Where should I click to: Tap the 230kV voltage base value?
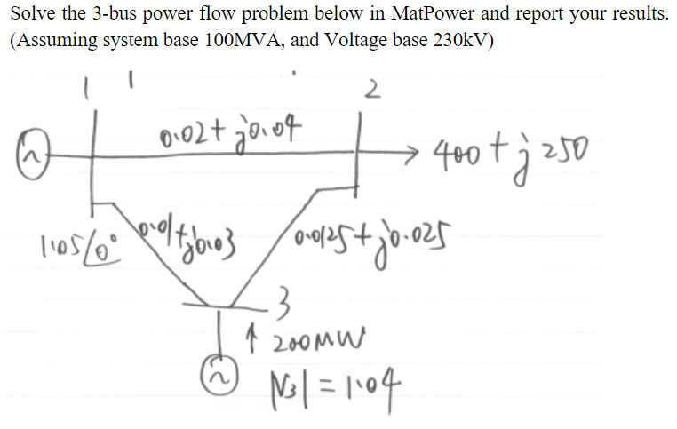(458, 43)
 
